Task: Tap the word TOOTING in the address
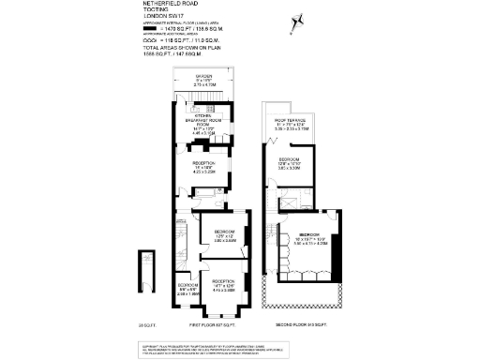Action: click(156, 10)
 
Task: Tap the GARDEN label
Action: click(203, 75)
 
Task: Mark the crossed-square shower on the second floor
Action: click(291, 202)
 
